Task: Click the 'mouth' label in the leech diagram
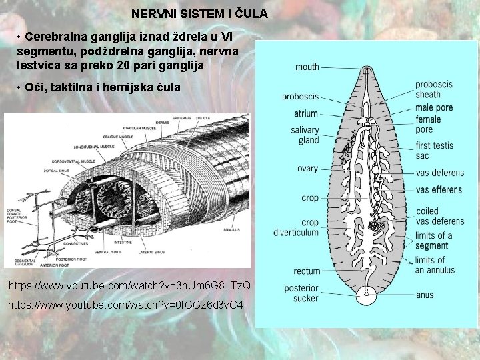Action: click(x=307, y=67)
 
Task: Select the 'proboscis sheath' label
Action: click(x=433, y=89)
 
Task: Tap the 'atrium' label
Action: click(x=305, y=113)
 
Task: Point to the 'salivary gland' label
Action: click(x=305, y=135)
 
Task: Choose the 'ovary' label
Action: click(x=307, y=169)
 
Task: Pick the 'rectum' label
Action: click(x=307, y=271)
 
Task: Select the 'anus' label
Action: click(x=425, y=294)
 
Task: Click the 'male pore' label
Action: click(x=433, y=107)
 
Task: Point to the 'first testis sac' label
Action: click(x=434, y=151)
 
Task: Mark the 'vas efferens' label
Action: click(x=438, y=189)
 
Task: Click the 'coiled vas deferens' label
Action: click(x=439, y=216)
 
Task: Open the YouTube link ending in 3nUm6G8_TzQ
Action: click(x=129, y=286)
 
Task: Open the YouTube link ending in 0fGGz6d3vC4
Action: click(x=125, y=305)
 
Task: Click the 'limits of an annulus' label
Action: click(x=435, y=265)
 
